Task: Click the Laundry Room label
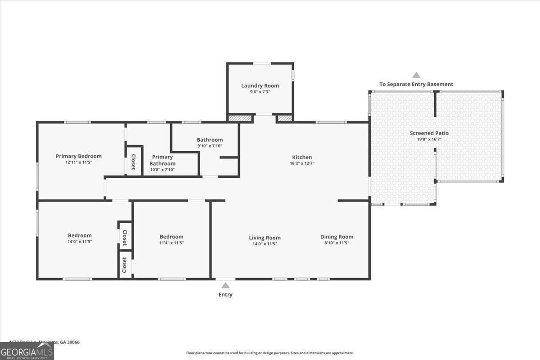click(x=260, y=85)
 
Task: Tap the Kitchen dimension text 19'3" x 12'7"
click(x=301, y=163)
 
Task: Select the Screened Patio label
click(x=429, y=133)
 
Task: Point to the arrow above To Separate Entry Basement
click(x=416, y=75)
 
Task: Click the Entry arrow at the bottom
click(x=225, y=285)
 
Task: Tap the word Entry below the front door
click(x=225, y=295)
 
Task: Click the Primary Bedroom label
click(x=79, y=156)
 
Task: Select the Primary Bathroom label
click(x=162, y=160)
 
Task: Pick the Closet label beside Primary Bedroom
click(x=133, y=162)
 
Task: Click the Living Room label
click(x=265, y=238)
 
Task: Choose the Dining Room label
click(x=337, y=237)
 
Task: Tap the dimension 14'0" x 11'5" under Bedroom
click(x=80, y=242)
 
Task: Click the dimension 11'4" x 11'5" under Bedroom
click(x=171, y=243)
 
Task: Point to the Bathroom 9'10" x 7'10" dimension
click(x=210, y=146)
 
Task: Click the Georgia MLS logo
click(x=27, y=351)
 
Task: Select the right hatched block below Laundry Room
click(x=284, y=118)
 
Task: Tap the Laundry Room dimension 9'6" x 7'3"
click(x=260, y=92)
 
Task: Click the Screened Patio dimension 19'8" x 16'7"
click(x=429, y=139)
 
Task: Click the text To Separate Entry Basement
click(x=416, y=84)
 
